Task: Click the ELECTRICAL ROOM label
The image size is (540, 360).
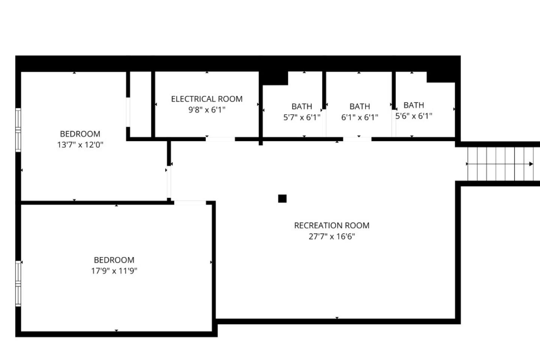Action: coord(207,99)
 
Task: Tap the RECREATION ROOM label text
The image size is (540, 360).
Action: coord(332,225)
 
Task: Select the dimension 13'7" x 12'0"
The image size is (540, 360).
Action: coord(80,145)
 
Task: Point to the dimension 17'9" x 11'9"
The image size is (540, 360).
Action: coord(114,271)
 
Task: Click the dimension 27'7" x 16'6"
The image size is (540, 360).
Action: coord(332,236)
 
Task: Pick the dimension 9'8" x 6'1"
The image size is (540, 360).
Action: coord(207,110)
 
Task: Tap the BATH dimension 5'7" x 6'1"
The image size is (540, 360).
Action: coord(302,117)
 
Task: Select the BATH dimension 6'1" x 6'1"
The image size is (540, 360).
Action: coord(360,117)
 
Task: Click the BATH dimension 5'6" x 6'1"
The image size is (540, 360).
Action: coord(414,116)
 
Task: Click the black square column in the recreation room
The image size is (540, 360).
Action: coord(282,199)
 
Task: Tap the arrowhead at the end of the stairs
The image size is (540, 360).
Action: coord(531,164)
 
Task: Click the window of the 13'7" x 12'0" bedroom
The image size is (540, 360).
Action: coord(18,130)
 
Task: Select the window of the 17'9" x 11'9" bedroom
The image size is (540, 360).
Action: coord(18,283)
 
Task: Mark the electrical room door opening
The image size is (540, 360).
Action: coord(220,139)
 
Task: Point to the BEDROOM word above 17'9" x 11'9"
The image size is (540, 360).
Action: coord(114,260)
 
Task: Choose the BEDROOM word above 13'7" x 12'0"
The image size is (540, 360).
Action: coord(80,134)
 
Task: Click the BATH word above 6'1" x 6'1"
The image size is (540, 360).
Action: coord(360,106)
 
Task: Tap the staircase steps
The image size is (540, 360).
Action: coord(503,164)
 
